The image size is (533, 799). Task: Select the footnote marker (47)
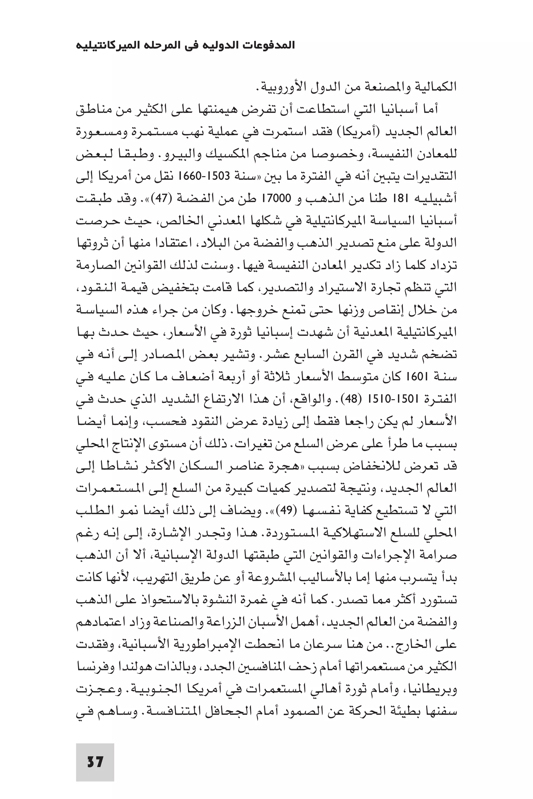click(168, 198)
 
